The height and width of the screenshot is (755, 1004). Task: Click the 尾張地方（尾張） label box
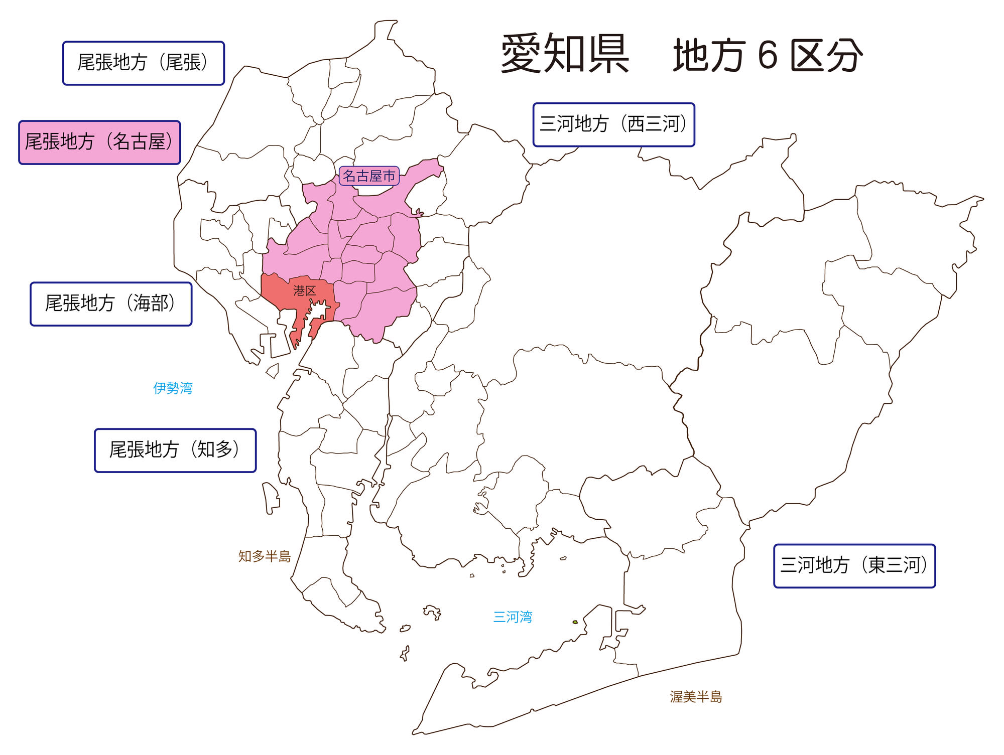pos(143,63)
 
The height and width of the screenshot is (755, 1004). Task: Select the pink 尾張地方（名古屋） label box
pos(99,142)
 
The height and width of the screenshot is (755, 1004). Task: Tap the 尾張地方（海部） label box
pos(111,304)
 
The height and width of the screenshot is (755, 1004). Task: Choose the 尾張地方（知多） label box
pos(175,450)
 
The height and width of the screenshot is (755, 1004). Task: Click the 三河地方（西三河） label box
pos(613,125)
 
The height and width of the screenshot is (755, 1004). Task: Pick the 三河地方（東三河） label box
pos(854,566)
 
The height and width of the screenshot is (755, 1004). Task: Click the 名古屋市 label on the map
pos(369,176)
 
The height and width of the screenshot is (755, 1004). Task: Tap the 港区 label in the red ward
pos(304,290)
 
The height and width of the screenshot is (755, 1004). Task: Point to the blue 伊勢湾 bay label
pos(173,388)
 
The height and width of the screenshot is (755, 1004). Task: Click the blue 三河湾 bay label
pos(512,617)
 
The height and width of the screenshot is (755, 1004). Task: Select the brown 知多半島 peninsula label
pos(265,556)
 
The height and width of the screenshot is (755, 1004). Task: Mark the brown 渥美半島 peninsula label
pos(696,697)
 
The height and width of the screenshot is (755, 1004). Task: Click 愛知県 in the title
pos(565,54)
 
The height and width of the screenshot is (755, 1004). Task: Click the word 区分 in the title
pos(826,55)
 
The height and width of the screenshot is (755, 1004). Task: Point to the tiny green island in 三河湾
pos(575,622)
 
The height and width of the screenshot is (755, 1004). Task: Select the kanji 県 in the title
pos(608,54)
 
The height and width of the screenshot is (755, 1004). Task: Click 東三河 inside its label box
pos(894,566)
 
